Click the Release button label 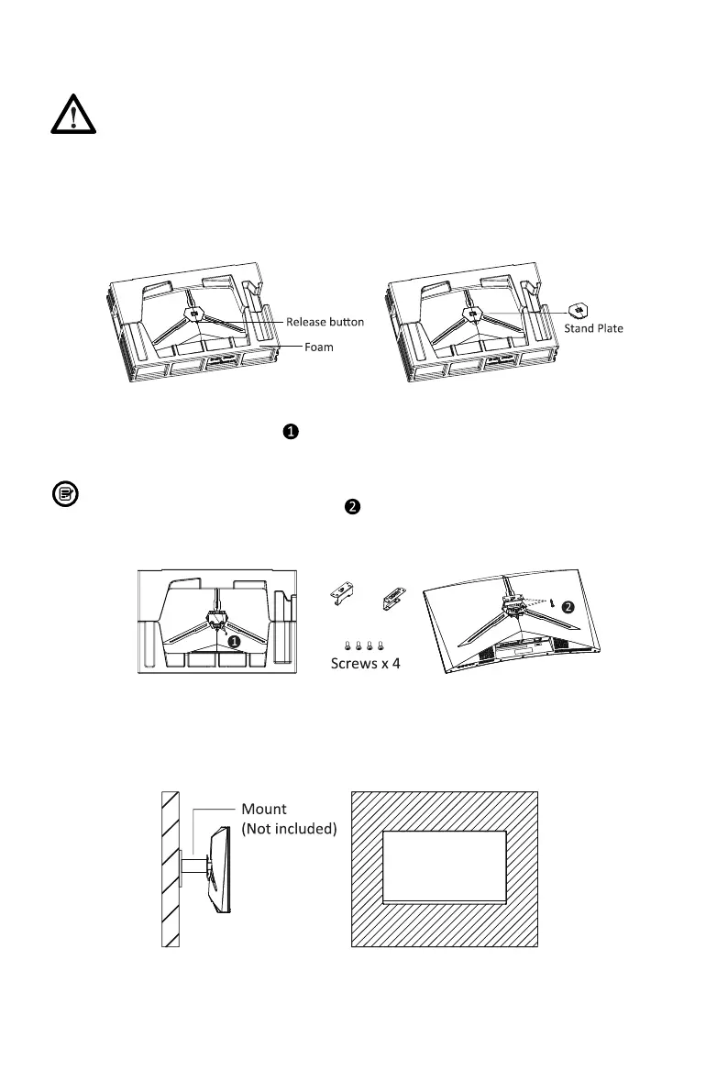[325, 322]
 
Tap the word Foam [319, 347]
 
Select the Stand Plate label [592, 328]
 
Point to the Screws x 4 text [365, 664]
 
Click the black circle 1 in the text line [289, 431]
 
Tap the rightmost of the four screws [380, 645]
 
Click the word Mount [264, 809]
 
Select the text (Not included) [289, 830]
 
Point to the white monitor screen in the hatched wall [444, 866]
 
